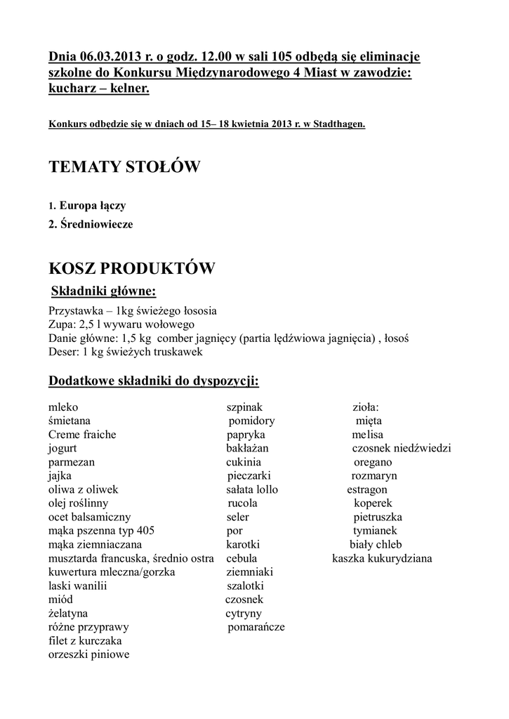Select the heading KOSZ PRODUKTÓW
pos(131,269)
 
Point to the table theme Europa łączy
pos(93,206)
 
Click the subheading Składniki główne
pos(104,291)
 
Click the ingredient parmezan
pos(72,462)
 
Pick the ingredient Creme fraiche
pos(82,435)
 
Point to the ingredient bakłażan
pos(247,448)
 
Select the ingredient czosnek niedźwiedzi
pos(402,448)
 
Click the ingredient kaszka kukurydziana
pos(382,558)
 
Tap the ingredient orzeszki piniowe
pos(88,654)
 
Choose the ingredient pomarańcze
pos(256,627)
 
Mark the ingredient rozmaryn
pos(374,475)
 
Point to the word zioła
pos(365,407)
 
